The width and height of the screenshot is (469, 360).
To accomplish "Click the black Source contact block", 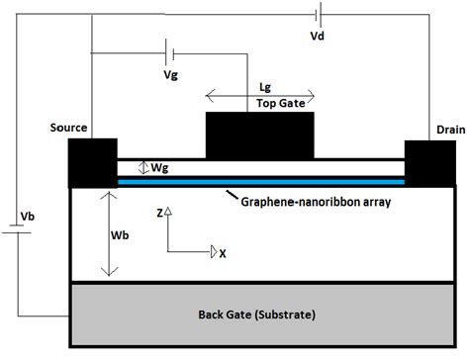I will pos(91,162).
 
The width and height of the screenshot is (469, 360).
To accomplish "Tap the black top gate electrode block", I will pos(259,135).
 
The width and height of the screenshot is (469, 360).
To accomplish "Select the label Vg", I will pos(171,74).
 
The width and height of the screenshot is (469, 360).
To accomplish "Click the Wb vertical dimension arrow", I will pos(106,235).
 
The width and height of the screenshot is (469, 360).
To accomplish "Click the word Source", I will pos(69,128).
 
